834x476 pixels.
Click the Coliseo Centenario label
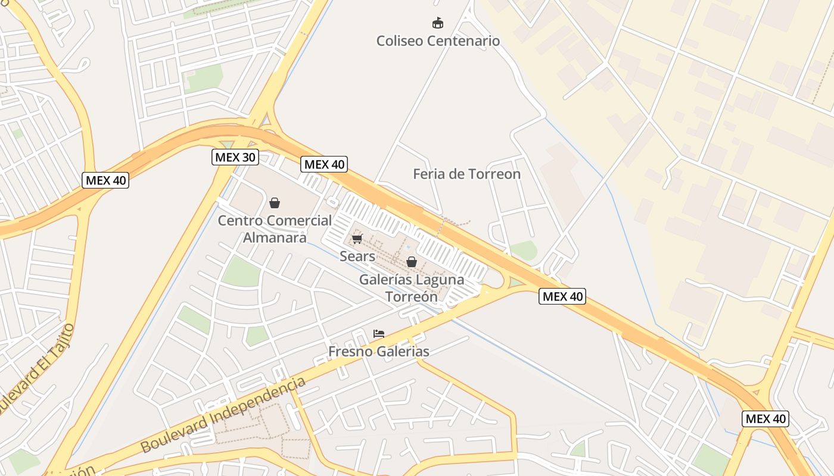438,41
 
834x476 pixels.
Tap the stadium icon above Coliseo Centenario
438,23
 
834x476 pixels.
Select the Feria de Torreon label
466,174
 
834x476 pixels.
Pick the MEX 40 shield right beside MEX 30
324,164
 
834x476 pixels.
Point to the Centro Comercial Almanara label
275,229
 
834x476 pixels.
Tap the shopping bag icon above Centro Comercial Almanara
275,203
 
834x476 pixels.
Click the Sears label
357,256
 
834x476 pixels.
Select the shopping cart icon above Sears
357,239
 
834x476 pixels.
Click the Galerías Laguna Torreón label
412,287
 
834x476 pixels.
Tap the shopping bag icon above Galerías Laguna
411,262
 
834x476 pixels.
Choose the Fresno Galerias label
378,352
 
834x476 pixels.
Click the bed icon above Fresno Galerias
379,334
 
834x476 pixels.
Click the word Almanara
275,238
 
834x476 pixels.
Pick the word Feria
429,174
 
